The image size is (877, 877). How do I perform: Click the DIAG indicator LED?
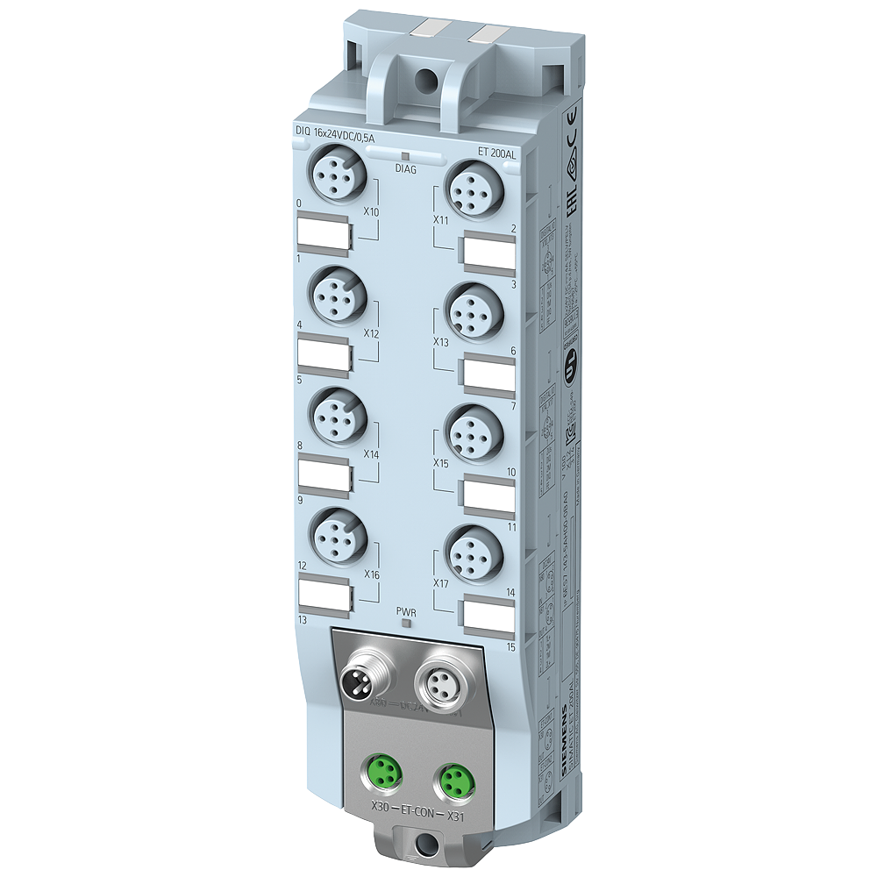(405, 156)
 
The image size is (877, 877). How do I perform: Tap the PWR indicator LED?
(405, 623)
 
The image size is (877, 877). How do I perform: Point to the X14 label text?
(371, 455)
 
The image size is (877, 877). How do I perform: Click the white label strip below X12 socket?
(324, 354)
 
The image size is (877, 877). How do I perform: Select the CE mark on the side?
(569, 123)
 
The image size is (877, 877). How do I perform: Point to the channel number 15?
(510, 647)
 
